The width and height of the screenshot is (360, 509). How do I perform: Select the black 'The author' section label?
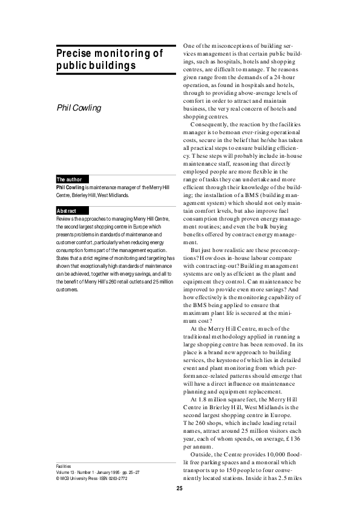[70, 180]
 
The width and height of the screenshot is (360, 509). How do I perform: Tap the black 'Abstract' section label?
[67, 210]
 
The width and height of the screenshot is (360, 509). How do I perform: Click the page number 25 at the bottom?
[180, 488]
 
